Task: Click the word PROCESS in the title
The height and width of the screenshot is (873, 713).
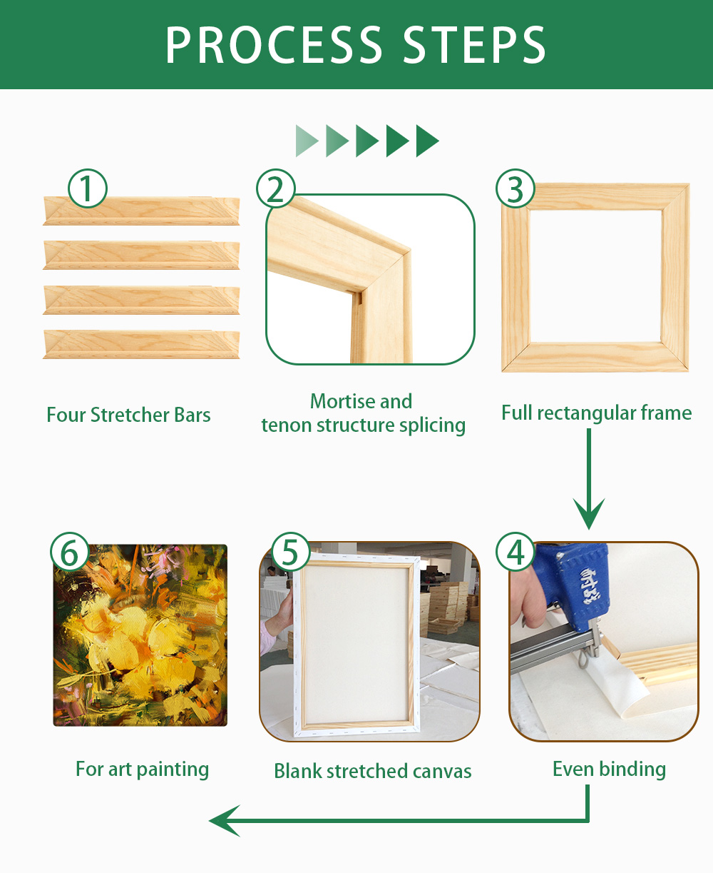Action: (273, 45)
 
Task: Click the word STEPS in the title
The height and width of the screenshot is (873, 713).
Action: (474, 45)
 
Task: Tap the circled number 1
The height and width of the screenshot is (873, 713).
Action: (87, 188)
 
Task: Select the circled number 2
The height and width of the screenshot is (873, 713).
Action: (276, 188)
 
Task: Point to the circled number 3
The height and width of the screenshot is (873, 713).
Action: (515, 188)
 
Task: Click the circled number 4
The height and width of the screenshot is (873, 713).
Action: (515, 551)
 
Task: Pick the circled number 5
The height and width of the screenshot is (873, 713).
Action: (290, 551)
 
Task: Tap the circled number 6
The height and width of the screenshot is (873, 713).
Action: (70, 551)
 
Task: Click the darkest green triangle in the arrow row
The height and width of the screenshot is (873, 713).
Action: (427, 141)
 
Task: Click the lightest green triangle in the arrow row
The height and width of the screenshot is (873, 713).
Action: (307, 141)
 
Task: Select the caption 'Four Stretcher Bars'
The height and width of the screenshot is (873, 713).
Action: (128, 415)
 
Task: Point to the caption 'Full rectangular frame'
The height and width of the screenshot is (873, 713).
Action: (596, 413)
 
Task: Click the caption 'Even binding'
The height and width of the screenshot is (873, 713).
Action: (609, 769)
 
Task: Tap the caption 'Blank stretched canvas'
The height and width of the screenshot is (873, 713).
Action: (373, 771)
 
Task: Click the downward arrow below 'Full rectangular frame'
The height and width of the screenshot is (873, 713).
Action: (589, 479)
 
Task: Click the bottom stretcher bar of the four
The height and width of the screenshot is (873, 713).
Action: (141, 344)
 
